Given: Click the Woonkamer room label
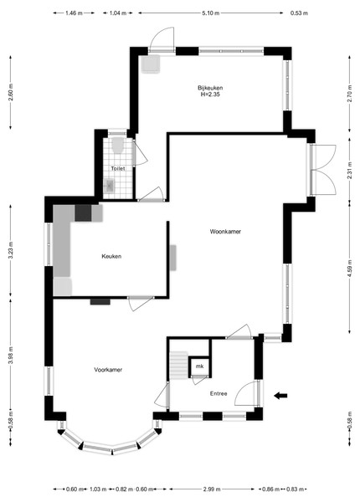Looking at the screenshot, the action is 225,232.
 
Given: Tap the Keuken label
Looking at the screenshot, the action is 111,256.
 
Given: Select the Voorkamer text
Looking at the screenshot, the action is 108,370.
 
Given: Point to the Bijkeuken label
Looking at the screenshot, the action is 210,88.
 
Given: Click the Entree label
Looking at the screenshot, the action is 219,393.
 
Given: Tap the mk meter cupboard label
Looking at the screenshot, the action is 199,366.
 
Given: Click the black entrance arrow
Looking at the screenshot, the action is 280,396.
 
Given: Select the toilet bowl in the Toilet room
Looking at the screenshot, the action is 118,145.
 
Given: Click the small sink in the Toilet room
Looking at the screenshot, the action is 109,185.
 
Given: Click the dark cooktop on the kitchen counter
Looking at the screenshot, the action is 83,213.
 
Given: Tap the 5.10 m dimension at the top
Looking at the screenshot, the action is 211,13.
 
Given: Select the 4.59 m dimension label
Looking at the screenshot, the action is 349,269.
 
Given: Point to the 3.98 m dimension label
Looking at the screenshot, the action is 11,356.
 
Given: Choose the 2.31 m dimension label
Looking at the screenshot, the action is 349,171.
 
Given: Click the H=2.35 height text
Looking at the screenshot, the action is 210,95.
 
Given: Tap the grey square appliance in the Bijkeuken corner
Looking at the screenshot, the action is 151,64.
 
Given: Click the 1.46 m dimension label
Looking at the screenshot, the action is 74,13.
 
